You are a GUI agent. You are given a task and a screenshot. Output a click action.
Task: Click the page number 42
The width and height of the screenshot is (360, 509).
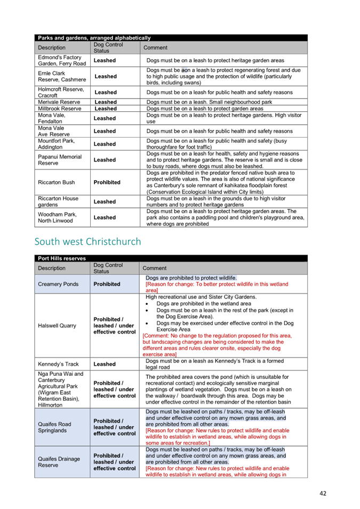click(323, 493)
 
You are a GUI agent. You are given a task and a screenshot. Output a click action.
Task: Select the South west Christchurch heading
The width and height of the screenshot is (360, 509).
click(87, 241)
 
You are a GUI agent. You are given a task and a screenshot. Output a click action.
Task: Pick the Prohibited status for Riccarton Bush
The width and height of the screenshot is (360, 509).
click(107, 182)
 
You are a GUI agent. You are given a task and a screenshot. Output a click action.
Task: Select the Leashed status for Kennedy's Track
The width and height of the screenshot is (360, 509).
click(105, 364)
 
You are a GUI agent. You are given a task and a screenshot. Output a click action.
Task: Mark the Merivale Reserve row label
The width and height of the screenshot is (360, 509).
click(59, 102)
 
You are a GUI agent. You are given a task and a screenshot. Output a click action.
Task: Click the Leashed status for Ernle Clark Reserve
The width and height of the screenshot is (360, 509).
click(106, 76)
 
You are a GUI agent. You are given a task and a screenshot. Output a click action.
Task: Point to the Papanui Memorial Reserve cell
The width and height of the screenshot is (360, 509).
click(60, 160)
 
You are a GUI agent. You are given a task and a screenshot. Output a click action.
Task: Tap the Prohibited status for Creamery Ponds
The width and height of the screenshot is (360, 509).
click(107, 284)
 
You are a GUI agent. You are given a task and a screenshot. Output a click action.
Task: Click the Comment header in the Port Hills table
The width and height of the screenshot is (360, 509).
click(155, 268)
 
